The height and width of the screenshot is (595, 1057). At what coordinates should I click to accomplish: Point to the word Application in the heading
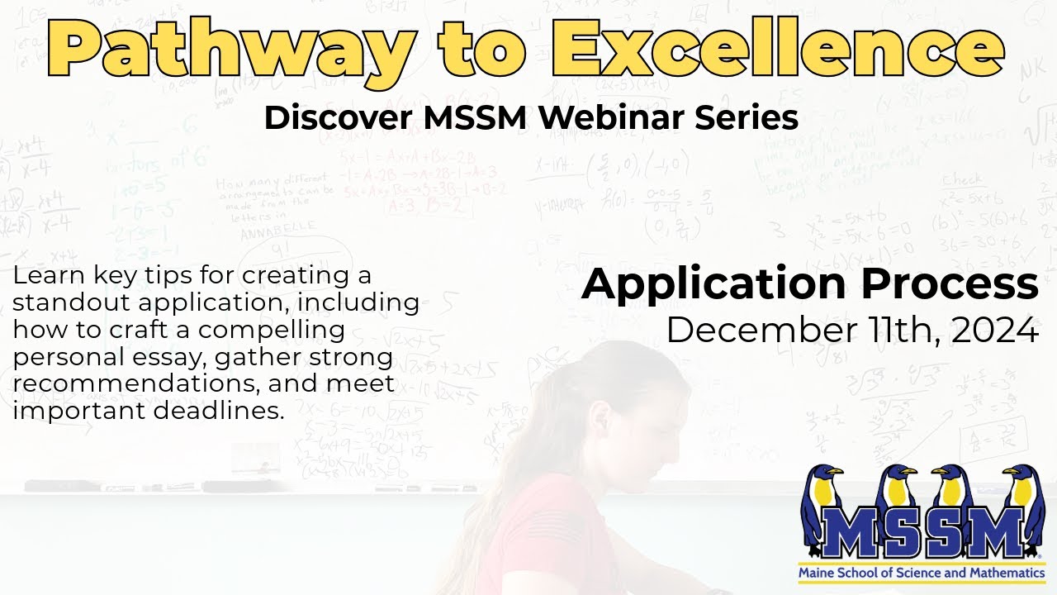pos(713,283)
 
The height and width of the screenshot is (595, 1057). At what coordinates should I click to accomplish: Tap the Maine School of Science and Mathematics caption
pos(921,572)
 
